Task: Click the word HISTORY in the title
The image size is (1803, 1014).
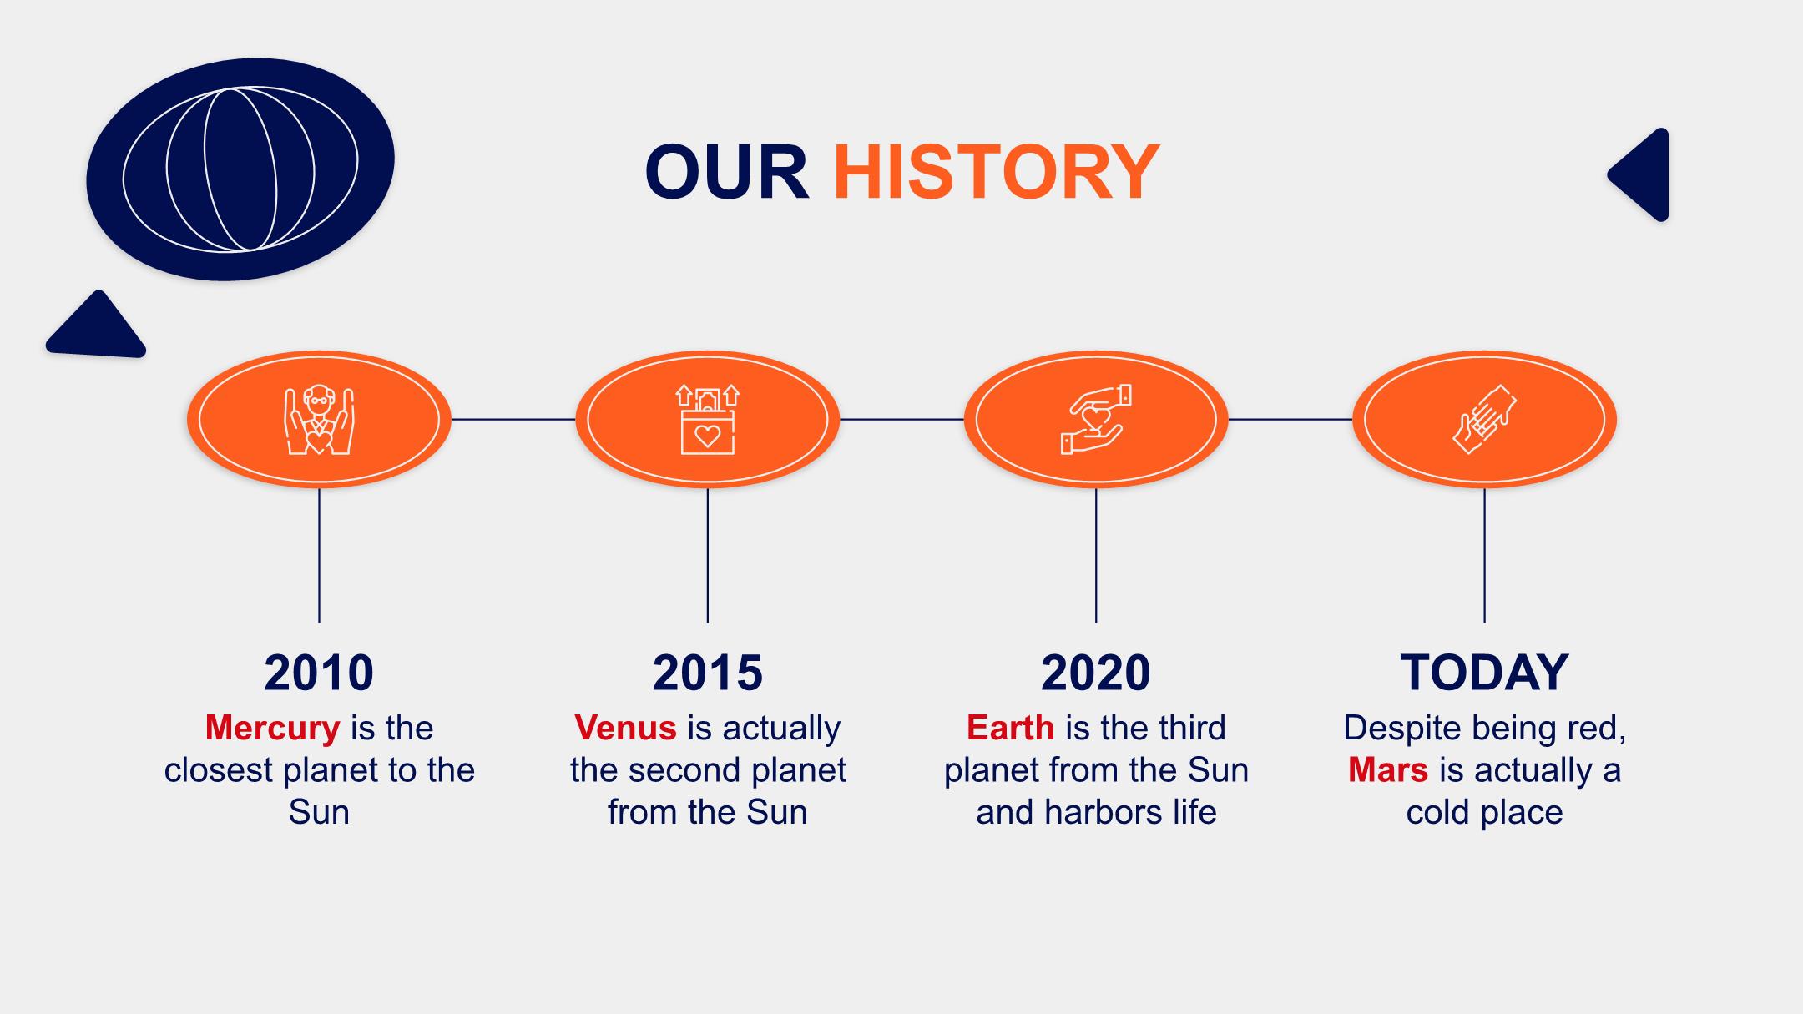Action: [x=997, y=172]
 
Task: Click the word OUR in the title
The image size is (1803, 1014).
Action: [x=727, y=172]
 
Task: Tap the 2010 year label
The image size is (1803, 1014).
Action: [x=319, y=673]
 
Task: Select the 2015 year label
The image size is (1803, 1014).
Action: [x=708, y=673]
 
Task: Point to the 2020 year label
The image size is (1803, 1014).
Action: [x=1096, y=673]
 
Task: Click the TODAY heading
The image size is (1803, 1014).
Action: [x=1484, y=673]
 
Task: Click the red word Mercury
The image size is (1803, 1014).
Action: [x=272, y=729]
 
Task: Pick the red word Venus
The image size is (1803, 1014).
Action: [x=625, y=728]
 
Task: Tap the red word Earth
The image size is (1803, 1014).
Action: [x=1010, y=728]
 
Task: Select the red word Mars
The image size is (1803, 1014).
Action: [x=1388, y=769]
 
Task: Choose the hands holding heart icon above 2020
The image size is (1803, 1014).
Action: [x=1096, y=419]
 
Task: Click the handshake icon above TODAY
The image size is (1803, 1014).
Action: [x=1484, y=419]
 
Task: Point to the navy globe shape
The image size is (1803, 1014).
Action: [x=240, y=169]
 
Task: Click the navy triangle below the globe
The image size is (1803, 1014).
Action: [x=97, y=325]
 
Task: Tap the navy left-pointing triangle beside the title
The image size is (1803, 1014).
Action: [x=1639, y=175]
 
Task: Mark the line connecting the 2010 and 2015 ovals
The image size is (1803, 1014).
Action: [x=513, y=419]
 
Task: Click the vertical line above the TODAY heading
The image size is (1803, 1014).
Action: [x=1484, y=555]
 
